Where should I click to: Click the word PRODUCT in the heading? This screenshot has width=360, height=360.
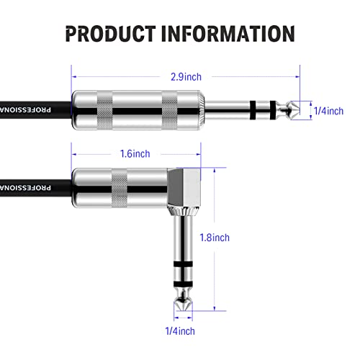point(110,34)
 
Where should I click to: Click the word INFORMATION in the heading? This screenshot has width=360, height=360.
point(228,34)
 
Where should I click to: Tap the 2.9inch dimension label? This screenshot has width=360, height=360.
point(186,77)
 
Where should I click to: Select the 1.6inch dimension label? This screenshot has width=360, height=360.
point(135,153)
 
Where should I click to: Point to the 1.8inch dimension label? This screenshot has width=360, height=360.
point(215,238)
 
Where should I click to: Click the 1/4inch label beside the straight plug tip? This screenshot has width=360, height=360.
point(328,111)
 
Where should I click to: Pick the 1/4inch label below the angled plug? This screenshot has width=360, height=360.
point(180,331)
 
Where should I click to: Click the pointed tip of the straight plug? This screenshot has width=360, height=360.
point(300,110)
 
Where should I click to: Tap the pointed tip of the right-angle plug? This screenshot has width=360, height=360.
point(183,311)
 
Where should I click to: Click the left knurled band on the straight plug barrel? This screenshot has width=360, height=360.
point(104,110)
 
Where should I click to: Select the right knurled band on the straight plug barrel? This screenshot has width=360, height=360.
point(170,110)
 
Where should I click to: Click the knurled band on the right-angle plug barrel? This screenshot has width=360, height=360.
point(120,188)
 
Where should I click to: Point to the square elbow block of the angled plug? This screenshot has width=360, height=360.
point(184,187)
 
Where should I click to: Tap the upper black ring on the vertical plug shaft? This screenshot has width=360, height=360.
point(183,264)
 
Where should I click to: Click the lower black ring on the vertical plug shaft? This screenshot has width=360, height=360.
point(183,284)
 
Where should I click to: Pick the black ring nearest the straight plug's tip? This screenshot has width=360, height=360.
point(273,110)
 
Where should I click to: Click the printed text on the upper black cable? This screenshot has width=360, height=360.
point(25,110)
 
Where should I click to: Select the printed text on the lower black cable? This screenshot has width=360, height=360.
point(25,188)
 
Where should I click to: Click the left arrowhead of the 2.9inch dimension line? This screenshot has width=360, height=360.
point(74,77)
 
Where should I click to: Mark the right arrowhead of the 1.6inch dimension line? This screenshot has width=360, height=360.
point(199,154)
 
